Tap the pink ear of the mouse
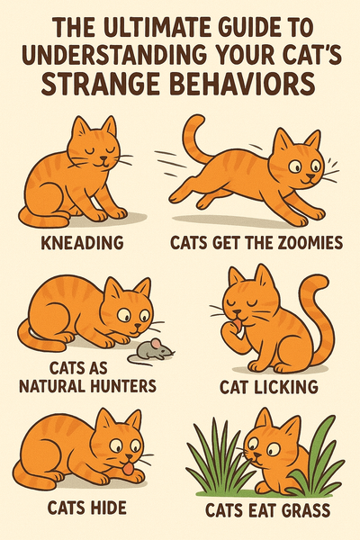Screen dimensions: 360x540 pyautogui.click(x=156, y=344)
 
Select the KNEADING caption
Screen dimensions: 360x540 pyautogui.click(x=82, y=243)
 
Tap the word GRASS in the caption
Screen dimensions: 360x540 pyautogui.click(x=306, y=510)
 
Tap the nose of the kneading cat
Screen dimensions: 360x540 pyautogui.click(x=103, y=159)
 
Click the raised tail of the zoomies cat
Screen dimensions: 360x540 pyautogui.click(x=195, y=139)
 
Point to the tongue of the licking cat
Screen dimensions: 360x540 pyautogui.click(x=238, y=324)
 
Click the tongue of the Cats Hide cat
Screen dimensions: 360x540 pyautogui.click(x=128, y=469)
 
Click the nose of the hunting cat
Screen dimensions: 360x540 pyautogui.click(x=138, y=326)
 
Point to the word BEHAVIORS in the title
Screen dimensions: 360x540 pyautogui.click(x=243, y=85)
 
